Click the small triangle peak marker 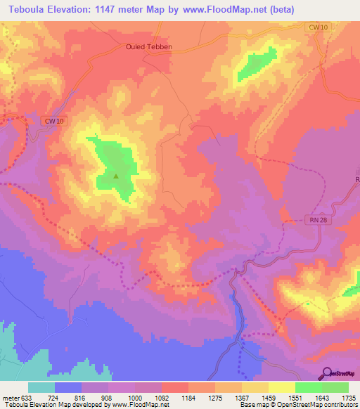coord(116,176)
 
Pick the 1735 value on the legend coord(348,397)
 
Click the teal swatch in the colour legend coord(41,387)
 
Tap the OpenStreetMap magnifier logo coord(326,372)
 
